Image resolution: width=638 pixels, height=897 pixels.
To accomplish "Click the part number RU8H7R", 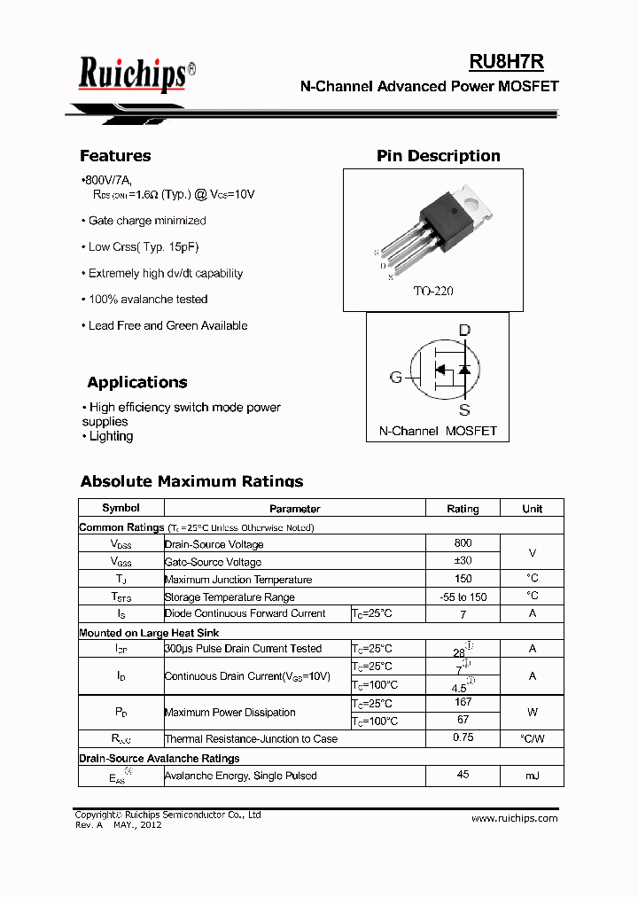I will (506, 61).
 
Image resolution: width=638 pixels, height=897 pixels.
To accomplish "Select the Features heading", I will (115, 156).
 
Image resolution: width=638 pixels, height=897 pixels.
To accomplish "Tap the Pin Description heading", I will (438, 156).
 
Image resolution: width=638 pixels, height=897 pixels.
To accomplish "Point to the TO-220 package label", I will (432, 291).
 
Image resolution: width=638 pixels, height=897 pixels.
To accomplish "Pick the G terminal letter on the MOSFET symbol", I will (396, 377).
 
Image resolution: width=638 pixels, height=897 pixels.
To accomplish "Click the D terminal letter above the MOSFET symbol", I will (463, 331).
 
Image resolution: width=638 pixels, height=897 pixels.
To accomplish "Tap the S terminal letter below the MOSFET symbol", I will (463, 409).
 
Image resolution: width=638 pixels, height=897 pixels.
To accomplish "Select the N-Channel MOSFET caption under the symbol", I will (438, 431).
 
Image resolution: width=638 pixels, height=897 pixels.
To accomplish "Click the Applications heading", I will (137, 383).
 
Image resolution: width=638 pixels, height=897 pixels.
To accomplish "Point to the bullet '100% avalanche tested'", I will (148, 300).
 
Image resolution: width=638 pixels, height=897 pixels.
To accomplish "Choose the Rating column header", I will (463, 509).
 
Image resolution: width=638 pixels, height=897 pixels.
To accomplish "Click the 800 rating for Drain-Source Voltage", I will (463, 543).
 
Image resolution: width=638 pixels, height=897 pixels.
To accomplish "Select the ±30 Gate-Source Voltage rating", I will (463, 561).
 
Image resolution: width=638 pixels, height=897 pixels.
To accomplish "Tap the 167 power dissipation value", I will (463, 702).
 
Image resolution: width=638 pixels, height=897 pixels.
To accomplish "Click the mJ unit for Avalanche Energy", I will (532, 776).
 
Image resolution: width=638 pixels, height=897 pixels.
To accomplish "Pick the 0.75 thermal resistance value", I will (463, 737).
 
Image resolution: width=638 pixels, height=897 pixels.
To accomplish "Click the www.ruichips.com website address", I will (514, 818).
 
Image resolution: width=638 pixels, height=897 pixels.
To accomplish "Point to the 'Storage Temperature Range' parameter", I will (230, 597).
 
